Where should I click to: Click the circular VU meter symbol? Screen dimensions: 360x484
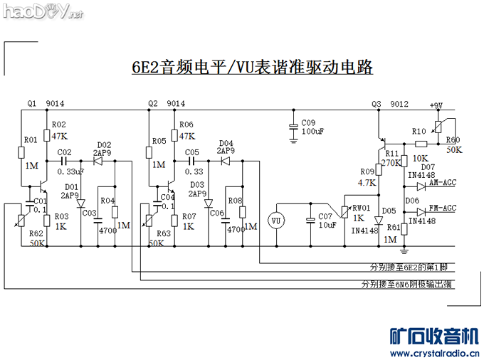point(276,221)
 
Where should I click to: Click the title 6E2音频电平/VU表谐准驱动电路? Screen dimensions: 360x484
point(253,68)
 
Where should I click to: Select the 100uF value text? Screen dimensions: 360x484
point(313,132)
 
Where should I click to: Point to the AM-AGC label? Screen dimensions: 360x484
point(442,183)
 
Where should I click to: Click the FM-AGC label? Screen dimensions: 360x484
point(442,208)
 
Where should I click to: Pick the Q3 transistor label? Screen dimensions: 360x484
point(377,105)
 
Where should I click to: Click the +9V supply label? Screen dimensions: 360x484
point(436,105)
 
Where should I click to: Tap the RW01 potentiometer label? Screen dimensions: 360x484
point(361,208)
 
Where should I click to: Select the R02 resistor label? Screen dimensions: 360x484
point(58,125)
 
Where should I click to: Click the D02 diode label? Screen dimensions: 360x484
point(104,144)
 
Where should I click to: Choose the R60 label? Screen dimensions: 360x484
point(453,139)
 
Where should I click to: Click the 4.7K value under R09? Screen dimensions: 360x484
point(367,183)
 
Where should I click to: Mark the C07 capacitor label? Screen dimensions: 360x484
point(325,216)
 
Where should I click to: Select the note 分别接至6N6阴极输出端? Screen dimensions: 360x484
point(408,284)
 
